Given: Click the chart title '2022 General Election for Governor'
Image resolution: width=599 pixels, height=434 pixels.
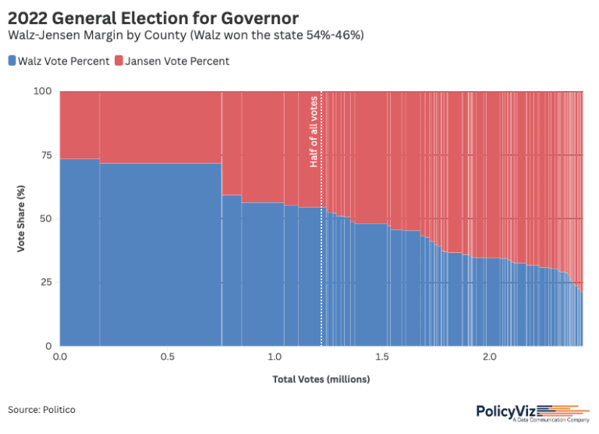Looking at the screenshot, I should coord(153,16).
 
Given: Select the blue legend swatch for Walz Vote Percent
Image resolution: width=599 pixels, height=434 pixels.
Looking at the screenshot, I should coord(12,61).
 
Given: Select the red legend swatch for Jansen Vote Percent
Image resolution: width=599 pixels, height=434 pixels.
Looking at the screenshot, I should coord(119,61).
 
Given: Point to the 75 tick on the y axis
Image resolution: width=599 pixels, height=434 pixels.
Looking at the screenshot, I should coord(46,155).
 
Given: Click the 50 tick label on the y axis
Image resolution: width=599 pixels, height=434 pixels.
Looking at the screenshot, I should coord(46,219).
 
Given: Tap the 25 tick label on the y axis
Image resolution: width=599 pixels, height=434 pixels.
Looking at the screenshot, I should coord(46,282).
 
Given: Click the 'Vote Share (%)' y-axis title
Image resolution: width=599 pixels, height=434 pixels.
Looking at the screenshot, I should coord(22,219).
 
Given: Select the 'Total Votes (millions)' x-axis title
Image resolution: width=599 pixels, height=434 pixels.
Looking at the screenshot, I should coord(321,379).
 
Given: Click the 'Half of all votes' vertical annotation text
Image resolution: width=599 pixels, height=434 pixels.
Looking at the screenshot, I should coord(314,130).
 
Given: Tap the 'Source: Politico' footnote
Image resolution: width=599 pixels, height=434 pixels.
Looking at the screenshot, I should coord(42,410).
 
